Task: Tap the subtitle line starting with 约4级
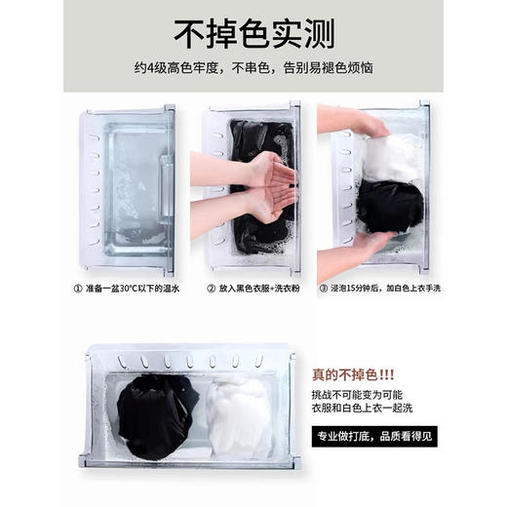coord(253,70)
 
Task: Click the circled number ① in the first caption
coord(78,289)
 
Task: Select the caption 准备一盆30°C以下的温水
coord(135,289)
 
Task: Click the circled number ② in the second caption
coord(210,289)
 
